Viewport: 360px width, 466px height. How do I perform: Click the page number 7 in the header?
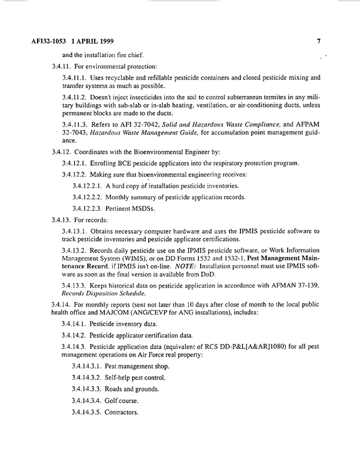(x=318, y=42)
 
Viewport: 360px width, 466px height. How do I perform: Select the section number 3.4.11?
(x=63, y=66)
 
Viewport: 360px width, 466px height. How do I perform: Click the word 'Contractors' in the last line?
(x=121, y=412)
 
